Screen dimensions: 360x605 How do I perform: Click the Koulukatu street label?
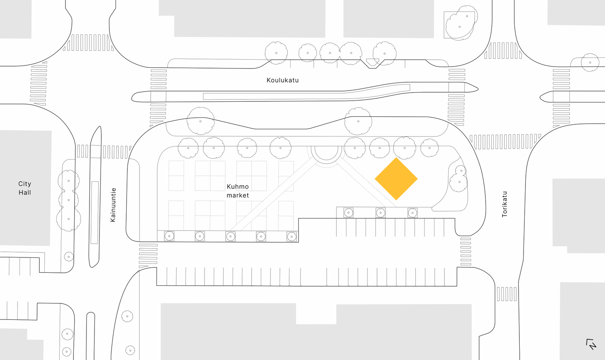(x=283, y=80)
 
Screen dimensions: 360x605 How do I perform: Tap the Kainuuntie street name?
(x=113, y=205)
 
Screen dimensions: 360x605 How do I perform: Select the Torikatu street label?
(x=504, y=204)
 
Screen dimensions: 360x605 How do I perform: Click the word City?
(x=24, y=184)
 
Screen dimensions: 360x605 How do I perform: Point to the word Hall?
(x=24, y=192)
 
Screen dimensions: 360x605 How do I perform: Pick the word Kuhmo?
(x=237, y=187)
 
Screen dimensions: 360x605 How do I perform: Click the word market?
(x=237, y=195)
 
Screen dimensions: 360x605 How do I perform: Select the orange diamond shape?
(x=396, y=179)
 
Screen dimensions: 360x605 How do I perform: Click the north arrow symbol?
(x=591, y=344)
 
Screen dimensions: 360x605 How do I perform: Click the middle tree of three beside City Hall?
(x=69, y=200)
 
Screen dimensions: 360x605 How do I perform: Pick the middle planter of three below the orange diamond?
(x=380, y=212)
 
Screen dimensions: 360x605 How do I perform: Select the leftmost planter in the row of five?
(x=169, y=236)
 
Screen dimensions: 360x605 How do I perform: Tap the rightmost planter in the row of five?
(x=291, y=236)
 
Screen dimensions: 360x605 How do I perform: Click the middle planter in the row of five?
(x=230, y=236)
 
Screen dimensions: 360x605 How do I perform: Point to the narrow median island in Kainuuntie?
(x=95, y=197)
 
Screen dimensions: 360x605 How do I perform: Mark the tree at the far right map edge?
(x=590, y=62)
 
